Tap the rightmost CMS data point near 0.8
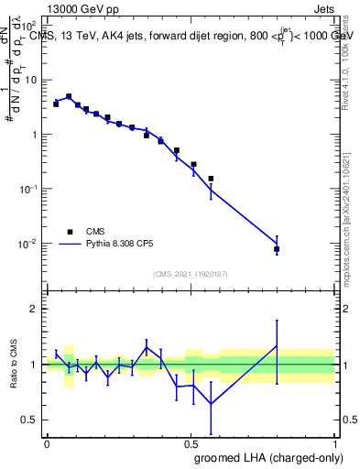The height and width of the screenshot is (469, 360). click(x=277, y=249)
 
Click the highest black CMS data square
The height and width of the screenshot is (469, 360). click(x=69, y=96)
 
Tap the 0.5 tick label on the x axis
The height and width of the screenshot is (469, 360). click(x=191, y=442)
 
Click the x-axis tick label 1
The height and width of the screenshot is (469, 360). click(x=334, y=442)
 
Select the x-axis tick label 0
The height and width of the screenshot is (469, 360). click(x=47, y=442)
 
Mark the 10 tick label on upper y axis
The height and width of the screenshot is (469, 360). click(x=31, y=80)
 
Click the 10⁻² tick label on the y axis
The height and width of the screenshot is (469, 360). click(x=29, y=245)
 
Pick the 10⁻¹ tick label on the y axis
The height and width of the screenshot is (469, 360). click(x=29, y=190)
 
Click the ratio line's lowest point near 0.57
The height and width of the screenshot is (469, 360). click(x=211, y=404)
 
